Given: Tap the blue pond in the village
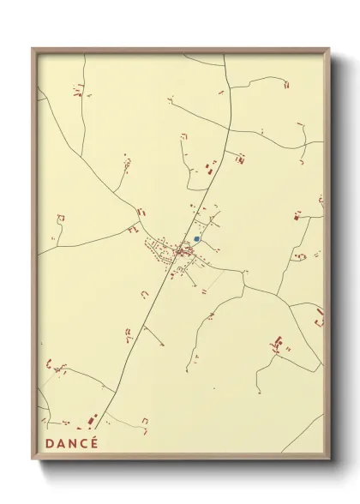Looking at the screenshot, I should tap(196, 239).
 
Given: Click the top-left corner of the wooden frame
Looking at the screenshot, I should tap(33, 49).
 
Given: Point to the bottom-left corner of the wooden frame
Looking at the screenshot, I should tap(33, 460).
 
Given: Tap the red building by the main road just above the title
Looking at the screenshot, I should tap(93, 420).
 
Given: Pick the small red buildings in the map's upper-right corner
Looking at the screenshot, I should tap(286, 84).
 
